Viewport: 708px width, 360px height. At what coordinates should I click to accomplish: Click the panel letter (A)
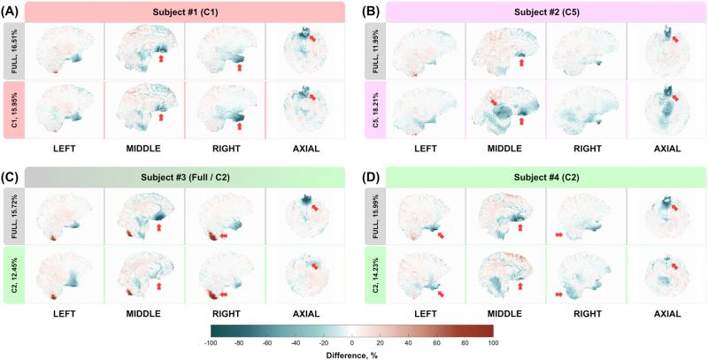coord(12,12)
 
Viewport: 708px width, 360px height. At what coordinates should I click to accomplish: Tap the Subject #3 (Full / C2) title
coord(185,177)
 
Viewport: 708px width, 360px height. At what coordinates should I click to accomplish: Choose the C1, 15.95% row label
coord(13,110)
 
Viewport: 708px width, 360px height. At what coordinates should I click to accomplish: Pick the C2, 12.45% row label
coord(13,275)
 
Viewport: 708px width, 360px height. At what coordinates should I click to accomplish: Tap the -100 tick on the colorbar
coord(211,343)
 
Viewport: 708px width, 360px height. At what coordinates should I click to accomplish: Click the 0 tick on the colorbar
coord(351,343)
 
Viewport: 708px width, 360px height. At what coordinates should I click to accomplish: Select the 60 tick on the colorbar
coord(436,343)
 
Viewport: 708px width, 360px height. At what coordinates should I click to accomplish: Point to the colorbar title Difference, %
coord(351,355)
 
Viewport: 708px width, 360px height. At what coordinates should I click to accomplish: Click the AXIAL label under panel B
coord(667,149)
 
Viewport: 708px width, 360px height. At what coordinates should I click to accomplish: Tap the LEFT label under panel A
coord(64,149)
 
